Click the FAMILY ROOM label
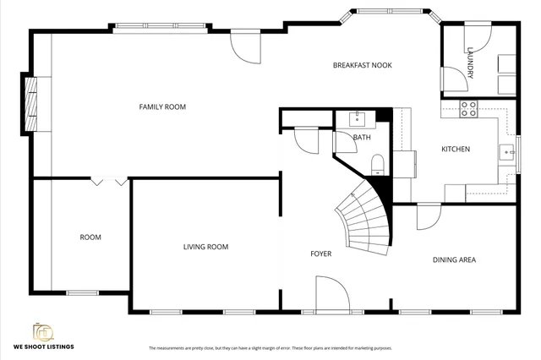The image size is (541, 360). click(x=162, y=106)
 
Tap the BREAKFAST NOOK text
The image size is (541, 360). click(x=362, y=65)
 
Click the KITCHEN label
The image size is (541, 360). click(x=456, y=150)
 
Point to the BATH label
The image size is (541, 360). click(x=362, y=137)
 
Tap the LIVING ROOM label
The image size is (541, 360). click(x=205, y=247)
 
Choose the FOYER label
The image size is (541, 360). click(x=320, y=254)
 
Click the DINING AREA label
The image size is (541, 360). click(x=454, y=259)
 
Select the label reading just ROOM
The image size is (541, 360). click(x=90, y=237)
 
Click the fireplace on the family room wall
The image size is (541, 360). click(x=31, y=102)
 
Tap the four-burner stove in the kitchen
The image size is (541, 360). click(x=467, y=108)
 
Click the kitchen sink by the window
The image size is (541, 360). click(x=505, y=152)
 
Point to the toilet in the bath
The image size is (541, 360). click(x=378, y=163)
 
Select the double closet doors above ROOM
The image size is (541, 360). click(x=110, y=181)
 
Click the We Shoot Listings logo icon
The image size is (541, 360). click(x=42, y=330)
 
